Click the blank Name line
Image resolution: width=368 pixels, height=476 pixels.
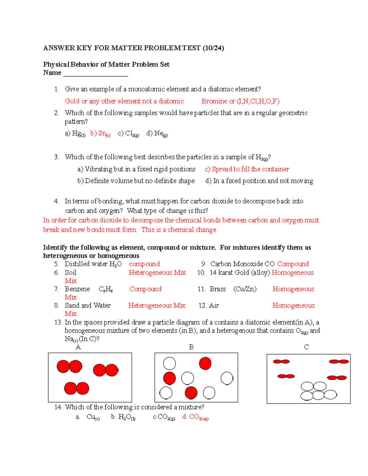pos(95,74)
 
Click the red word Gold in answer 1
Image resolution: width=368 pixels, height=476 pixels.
pos(72,101)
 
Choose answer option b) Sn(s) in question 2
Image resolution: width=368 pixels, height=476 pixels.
pos(100,134)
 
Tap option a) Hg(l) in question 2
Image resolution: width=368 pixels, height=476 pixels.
pos(75,134)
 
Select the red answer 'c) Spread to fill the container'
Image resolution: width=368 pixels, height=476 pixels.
pos(247,169)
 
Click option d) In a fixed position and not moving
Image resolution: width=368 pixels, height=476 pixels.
pos(259,181)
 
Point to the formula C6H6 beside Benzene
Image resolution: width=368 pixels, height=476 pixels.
pos(105,289)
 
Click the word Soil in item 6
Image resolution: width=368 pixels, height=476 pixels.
pos(71,272)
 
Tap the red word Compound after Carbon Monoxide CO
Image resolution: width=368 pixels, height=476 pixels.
pos(293,264)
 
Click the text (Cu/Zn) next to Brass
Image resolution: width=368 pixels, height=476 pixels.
pos(245,289)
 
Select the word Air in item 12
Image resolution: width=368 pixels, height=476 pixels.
pos(214,306)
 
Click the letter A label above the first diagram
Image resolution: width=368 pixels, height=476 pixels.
pos(78,347)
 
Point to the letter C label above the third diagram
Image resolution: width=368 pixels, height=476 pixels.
pos(306,347)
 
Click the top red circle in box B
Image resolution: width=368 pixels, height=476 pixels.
pos(205,364)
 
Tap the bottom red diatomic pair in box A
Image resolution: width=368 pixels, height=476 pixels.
pos(76,388)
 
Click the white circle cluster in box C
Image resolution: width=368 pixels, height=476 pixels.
pos(318,391)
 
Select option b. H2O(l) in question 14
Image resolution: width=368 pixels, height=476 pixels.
pos(123,417)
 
